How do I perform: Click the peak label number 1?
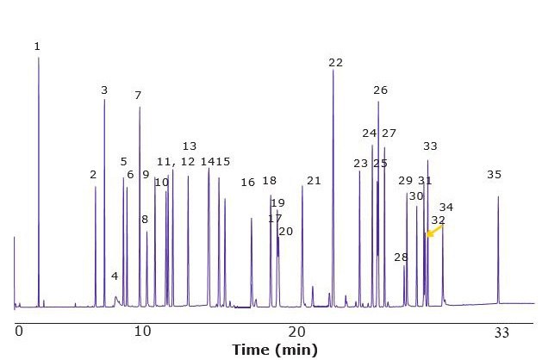pyautogui.click(x=37, y=47)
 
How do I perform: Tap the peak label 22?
pyautogui.click(x=335, y=63)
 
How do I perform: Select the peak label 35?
pyautogui.click(x=494, y=175)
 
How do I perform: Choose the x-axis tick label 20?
pyautogui.click(x=297, y=331)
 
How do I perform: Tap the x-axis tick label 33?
pyautogui.click(x=502, y=331)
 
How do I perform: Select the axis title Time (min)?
pyautogui.click(x=274, y=349)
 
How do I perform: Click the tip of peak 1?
pyautogui.click(x=38, y=59)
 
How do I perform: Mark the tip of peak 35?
pyautogui.click(x=498, y=197)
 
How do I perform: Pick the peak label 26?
pyautogui.click(x=380, y=90)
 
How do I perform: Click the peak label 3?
pyautogui.click(x=104, y=90)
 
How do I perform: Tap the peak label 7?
pyautogui.click(x=138, y=96)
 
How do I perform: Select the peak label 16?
pyautogui.click(x=248, y=183)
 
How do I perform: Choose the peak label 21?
pyautogui.click(x=314, y=181)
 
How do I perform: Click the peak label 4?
pyautogui.click(x=115, y=276)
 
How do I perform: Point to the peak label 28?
pyautogui.click(x=401, y=258)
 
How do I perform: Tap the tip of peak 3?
pyautogui.click(x=104, y=100)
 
